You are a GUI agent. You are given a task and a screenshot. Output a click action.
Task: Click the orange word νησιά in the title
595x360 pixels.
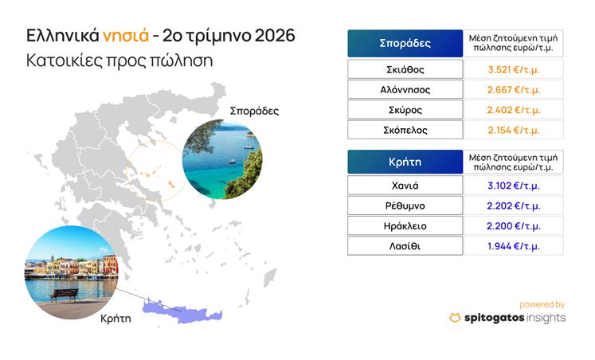coord(126,36)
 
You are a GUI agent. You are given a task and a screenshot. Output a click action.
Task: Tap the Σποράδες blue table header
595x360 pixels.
coord(405,43)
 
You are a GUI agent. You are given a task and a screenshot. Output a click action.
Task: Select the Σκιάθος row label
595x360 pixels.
coord(405,69)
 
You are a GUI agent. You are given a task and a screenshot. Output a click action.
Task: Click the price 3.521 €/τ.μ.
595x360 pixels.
coord(514,69)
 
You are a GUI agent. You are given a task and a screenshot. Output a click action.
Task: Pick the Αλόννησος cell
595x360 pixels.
coord(405,89)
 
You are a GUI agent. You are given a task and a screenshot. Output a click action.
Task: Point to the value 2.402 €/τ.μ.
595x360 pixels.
coord(514,110)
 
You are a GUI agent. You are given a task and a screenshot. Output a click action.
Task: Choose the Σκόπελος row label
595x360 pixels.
coord(405,130)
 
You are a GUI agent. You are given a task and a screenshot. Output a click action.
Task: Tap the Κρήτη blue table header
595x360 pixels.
coord(405,162)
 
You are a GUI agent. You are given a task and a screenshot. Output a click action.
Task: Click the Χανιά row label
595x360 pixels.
coord(405,186)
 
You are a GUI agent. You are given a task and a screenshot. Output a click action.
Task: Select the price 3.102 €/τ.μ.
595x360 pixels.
coord(514,186)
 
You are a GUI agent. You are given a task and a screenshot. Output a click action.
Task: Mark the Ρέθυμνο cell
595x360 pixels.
coord(405,205)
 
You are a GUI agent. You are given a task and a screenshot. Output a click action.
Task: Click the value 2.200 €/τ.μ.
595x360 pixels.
coord(514,226)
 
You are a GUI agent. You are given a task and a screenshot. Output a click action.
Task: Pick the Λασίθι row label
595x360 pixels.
coord(405,246)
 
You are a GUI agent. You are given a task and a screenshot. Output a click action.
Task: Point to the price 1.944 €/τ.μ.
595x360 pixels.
coord(514,246)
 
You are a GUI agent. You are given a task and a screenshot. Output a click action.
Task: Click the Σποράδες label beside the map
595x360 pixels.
coord(254,112)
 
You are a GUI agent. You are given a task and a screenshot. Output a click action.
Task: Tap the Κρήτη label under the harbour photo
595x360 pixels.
coord(115,319)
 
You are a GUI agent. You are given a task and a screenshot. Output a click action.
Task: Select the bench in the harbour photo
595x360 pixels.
coord(65,295)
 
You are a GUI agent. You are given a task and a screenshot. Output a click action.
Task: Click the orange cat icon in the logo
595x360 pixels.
coord(455,318)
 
